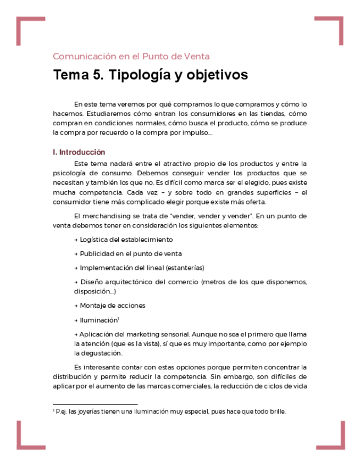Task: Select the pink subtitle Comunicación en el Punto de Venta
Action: [x=131, y=56]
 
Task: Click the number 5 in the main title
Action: [x=92, y=75]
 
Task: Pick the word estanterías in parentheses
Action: [x=186, y=268]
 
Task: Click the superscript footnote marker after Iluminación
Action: [x=118, y=318]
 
